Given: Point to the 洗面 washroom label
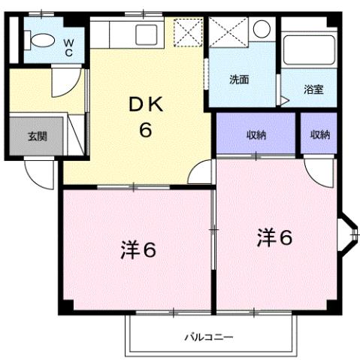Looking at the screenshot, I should pos(240,79).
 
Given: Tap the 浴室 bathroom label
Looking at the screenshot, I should pos(313,89).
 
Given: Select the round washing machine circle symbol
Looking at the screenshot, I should pos(261,29).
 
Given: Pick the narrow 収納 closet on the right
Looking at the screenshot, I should pos(319,135).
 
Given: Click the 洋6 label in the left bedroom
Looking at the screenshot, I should pos(138,250).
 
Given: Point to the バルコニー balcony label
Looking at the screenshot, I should pos(208,337).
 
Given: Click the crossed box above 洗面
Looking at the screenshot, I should pos(227,33).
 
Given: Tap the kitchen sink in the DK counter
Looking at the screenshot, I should pos(143,33).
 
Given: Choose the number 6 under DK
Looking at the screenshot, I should pos(145,130).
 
